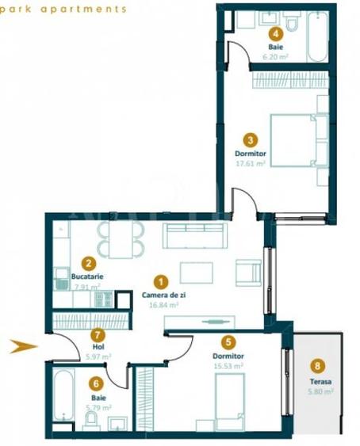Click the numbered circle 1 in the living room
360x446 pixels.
(161, 281)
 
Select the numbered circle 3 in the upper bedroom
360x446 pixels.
(249, 136)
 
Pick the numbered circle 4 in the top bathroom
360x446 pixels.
(275, 33)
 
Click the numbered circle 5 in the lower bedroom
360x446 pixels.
(229, 342)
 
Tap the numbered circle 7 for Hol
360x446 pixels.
(98, 335)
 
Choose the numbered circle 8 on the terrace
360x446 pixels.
(318, 366)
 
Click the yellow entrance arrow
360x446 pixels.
(25, 345)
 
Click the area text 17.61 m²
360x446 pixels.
(249, 163)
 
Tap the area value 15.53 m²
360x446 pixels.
(228, 366)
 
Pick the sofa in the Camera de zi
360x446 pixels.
(195, 236)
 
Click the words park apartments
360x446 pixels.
(64, 10)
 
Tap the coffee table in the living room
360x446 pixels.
(196, 273)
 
